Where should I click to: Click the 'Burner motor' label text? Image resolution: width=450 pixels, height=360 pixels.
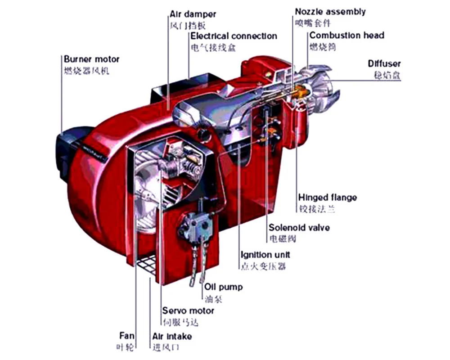coord(91,59)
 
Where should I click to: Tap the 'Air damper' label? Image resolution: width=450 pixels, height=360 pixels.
coord(193,14)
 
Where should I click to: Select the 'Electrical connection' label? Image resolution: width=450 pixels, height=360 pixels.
coord(234,36)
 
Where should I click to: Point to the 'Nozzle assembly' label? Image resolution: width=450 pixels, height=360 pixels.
coord(330,12)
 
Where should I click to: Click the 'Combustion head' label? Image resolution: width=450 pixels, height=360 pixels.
coord(346,36)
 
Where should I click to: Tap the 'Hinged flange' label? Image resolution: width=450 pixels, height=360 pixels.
coord(328,198)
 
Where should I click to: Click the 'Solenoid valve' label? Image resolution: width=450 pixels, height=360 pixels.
coord(299,227)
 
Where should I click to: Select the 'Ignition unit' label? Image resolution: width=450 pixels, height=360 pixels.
coord(265,255)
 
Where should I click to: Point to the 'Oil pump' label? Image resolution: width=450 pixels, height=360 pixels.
coord(223,287)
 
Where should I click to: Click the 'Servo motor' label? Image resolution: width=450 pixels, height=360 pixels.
coord(188,310)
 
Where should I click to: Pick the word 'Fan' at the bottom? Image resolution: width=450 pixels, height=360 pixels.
coord(126,336)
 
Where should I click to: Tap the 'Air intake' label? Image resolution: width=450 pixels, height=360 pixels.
coord(172,336)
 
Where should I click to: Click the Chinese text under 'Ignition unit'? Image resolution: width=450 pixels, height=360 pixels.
coord(263,266)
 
